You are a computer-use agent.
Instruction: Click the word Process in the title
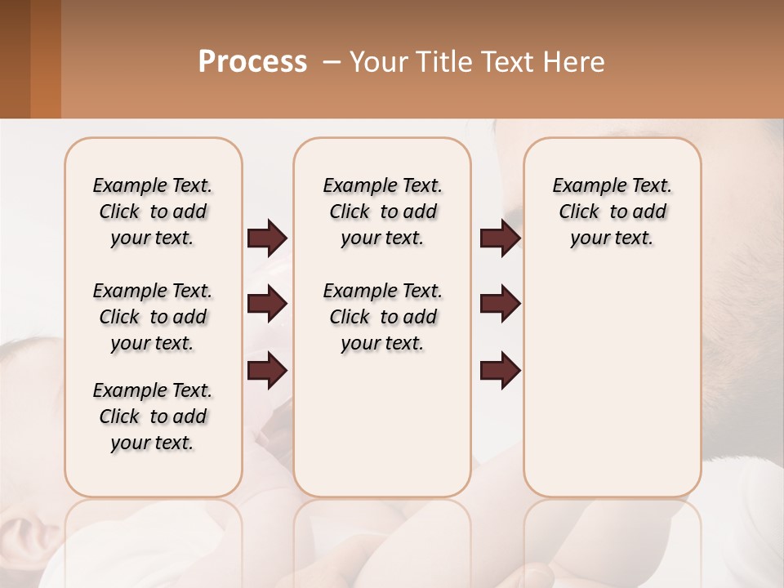252,62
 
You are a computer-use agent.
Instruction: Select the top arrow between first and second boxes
267,238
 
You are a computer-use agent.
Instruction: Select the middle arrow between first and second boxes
267,304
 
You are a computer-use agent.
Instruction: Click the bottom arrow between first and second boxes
267,371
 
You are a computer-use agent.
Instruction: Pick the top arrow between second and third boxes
500,238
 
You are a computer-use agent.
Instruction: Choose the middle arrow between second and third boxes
500,304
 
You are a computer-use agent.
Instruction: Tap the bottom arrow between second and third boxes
500,371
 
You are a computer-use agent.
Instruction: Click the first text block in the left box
153,212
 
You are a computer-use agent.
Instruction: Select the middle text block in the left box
153,317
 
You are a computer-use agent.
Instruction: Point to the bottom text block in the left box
153,416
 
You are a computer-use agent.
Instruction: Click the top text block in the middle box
382,212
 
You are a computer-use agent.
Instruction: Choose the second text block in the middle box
382,317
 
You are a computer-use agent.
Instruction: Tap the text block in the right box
612,212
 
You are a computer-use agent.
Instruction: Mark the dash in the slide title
332,63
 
